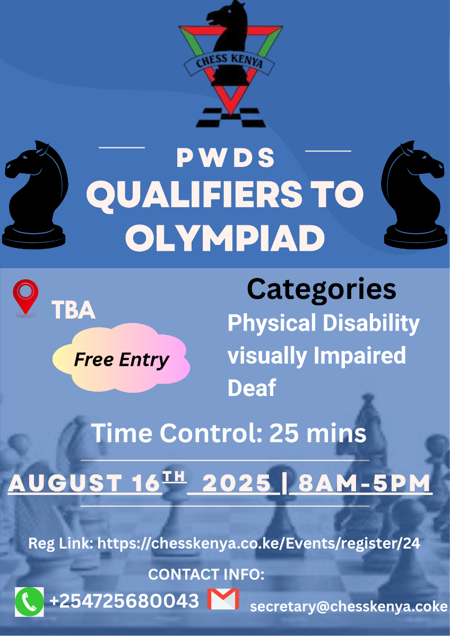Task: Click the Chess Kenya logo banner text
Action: [229, 62]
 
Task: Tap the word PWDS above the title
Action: [226, 157]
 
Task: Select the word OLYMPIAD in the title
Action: [225, 238]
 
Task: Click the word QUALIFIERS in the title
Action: [194, 195]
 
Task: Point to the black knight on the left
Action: [34, 195]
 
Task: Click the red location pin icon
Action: [25, 298]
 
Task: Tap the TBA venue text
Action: [73, 310]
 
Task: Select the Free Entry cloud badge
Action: [121, 358]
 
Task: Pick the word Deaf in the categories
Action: [252, 387]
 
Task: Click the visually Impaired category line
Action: [317, 356]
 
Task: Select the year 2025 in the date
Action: [237, 483]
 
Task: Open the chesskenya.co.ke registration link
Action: [258, 544]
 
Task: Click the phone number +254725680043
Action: [124, 601]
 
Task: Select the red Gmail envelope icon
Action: [223, 599]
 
